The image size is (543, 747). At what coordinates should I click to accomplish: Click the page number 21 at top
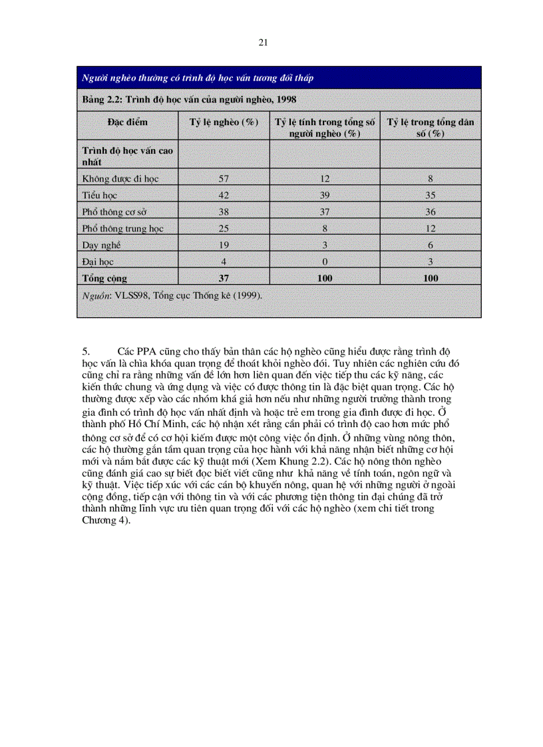(x=263, y=43)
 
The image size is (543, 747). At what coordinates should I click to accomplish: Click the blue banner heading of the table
(x=197, y=78)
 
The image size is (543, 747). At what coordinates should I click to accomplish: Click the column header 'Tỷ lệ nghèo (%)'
(x=224, y=122)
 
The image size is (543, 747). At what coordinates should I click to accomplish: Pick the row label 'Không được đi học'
(x=120, y=178)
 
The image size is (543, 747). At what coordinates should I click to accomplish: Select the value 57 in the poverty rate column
(x=224, y=178)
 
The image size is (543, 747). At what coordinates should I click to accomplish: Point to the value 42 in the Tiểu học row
(x=224, y=195)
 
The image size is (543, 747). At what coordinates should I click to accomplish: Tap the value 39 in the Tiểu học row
(x=324, y=195)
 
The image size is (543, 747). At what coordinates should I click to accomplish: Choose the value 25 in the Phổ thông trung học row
(x=224, y=228)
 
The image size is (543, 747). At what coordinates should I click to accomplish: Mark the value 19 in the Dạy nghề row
(x=224, y=245)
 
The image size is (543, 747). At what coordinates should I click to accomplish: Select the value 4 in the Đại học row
(x=224, y=261)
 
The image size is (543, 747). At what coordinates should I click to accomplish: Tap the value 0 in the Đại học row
(x=324, y=261)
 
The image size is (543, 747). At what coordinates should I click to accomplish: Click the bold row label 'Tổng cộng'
(x=104, y=278)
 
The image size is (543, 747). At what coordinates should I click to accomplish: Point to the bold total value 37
(x=224, y=278)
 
